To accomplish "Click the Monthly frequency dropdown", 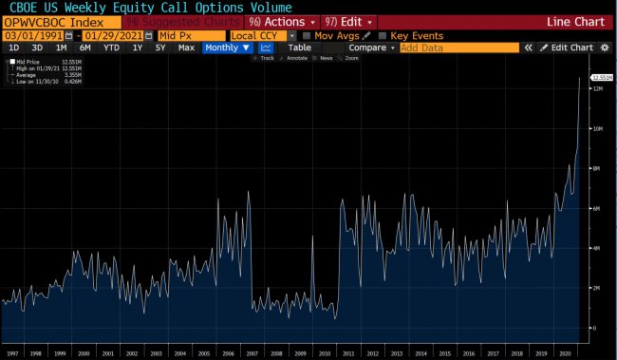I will pyautogui.click(x=227, y=47).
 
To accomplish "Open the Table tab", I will pyautogui.click(x=299, y=47).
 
